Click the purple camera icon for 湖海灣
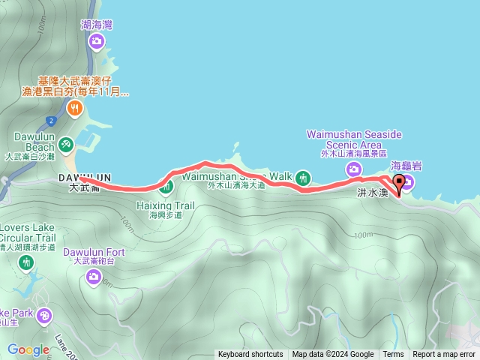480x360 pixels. pos(96,41)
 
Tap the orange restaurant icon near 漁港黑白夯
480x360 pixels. pos(74,109)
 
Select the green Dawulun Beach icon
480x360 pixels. pos(65,142)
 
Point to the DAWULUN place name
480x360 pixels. pos(84,177)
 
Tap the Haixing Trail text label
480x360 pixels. pos(165,205)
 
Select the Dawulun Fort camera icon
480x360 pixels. pos(94,279)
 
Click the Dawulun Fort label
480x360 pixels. pos(94,253)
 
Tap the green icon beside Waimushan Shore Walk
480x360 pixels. pos(303,178)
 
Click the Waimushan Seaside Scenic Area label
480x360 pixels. pos(354,139)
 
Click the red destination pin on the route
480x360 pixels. pos(398,182)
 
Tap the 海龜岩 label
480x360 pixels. pos(405,164)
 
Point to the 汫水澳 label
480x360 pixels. pos(372,193)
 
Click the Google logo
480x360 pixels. pos(28,349)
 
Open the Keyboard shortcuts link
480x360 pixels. pos(250,355)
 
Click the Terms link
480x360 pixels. pos(393,355)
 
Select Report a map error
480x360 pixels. pos(444,355)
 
